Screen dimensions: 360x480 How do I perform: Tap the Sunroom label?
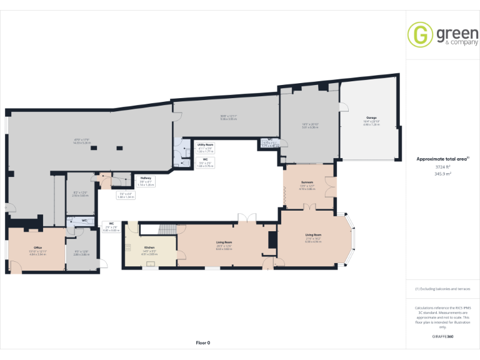306,182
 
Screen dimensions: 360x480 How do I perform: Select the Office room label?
37,248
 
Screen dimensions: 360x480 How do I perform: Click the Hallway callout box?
145,181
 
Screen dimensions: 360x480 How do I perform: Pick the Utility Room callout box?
205,147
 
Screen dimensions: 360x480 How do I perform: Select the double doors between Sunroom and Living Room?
306,209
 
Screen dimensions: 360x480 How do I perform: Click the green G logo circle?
420,35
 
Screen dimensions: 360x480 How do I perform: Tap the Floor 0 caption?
202,342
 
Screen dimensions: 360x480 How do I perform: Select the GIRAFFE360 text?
442,337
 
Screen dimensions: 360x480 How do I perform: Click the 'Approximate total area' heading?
442,159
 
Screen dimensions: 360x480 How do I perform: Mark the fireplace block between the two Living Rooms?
272,240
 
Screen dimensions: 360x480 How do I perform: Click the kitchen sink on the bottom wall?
149,264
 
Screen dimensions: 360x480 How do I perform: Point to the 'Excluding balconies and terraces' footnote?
442,289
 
